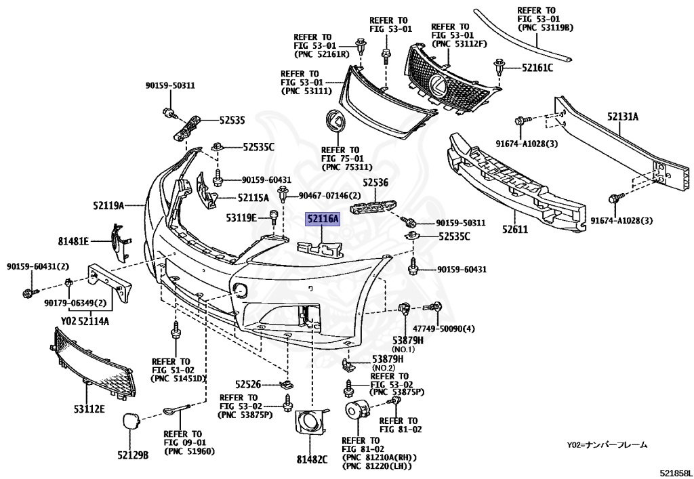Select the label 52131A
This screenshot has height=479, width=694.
coord(622,117)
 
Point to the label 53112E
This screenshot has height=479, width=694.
coord(89,409)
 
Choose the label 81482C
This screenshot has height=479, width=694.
coord(312,459)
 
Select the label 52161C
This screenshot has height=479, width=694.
coord(537,67)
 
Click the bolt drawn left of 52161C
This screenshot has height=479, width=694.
coord(500,66)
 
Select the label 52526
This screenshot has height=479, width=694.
coord(249,383)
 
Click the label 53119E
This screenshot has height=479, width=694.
coord(242,217)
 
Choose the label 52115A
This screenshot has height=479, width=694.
coord(253,198)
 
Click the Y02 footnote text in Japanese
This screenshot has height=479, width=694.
coord(607,445)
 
